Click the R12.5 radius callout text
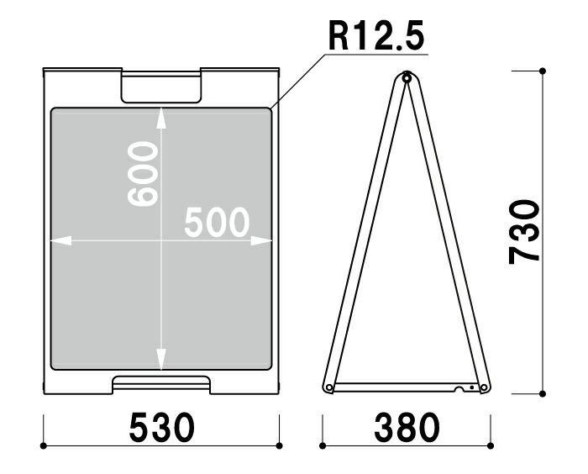click(x=376, y=35)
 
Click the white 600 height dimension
click(x=143, y=174)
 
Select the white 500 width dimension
click(x=217, y=223)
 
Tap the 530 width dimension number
click(x=161, y=427)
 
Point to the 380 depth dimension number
click(x=407, y=427)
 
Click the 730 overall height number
click(x=524, y=232)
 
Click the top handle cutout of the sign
click(x=161, y=87)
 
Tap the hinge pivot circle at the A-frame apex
click(x=407, y=78)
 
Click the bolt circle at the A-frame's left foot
click(x=329, y=387)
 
